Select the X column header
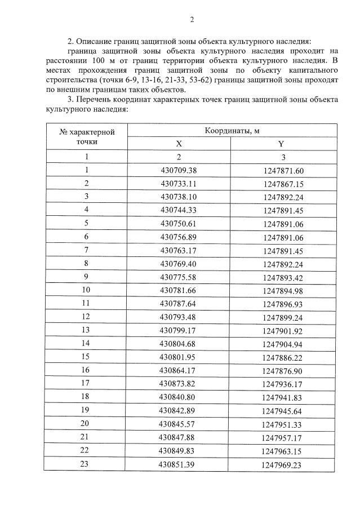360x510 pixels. click(x=179, y=144)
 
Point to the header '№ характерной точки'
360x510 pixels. click(x=87, y=137)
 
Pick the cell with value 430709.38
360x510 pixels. click(x=179, y=170)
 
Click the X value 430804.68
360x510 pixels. click(x=179, y=343)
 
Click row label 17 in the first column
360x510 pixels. click(x=87, y=383)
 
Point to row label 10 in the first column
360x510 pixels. click(x=87, y=290)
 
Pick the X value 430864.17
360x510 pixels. click(x=179, y=370)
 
